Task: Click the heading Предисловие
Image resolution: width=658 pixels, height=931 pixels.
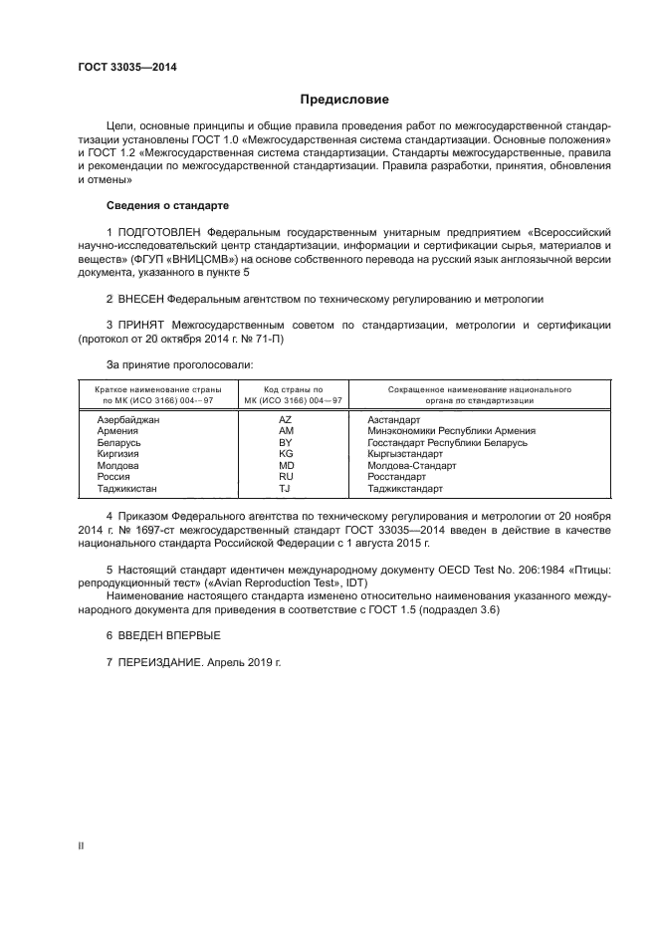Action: pyautogui.click(x=345, y=100)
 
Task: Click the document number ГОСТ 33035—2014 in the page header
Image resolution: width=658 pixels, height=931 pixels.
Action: pyautogui.click(x=120, y=68)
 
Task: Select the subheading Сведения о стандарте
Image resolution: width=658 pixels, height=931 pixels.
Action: pyautogui.click(x=167, y=205)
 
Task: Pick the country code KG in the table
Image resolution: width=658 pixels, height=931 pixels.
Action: pyautogui.click(x=286, y=453)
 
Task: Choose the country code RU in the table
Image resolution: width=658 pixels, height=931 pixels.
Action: pyautogui.click(x=286, y=476)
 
